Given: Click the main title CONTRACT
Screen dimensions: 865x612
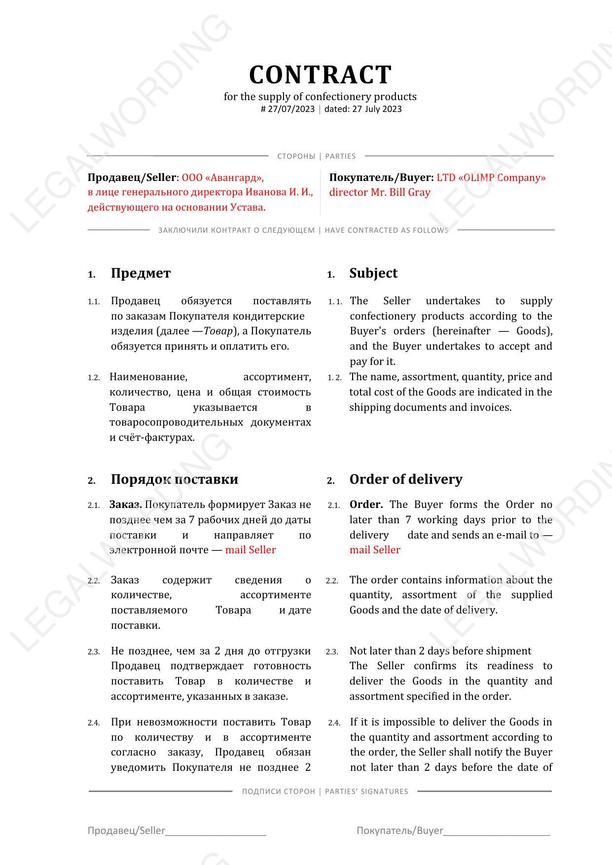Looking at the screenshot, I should pos(320,75).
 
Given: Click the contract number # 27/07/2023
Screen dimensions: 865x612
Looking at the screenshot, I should pos(288,109).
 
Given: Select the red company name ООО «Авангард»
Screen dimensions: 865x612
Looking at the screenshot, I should pos(222,178).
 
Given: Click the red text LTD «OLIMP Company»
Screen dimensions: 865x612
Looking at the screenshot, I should pos(491,178).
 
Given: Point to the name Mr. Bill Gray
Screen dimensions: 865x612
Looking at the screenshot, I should pos(400,192).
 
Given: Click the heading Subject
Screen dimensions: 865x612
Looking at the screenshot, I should pos(373,273).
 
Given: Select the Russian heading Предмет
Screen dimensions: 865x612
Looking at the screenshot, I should pos(141,273).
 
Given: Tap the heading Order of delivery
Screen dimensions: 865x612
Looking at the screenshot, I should pos(406,479).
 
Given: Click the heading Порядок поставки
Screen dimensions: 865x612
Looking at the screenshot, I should pos(174,479).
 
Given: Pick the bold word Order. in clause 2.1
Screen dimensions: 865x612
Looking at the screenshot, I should pos(366,505).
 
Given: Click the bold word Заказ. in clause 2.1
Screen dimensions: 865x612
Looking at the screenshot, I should pos(126,505).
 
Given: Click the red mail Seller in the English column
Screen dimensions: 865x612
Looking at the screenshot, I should pos(375,550).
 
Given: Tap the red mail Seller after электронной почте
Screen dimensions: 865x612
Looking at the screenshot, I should pos(251,550).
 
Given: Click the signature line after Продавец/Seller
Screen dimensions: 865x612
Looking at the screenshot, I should pos(216,832).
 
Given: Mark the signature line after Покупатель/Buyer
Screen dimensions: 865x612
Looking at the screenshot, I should pos(497,832).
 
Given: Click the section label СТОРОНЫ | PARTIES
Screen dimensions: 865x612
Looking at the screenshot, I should pos(316,156).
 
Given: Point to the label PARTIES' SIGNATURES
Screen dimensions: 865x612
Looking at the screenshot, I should pos(366,792).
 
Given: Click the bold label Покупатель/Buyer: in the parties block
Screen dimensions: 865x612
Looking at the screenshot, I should pos(381,178).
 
